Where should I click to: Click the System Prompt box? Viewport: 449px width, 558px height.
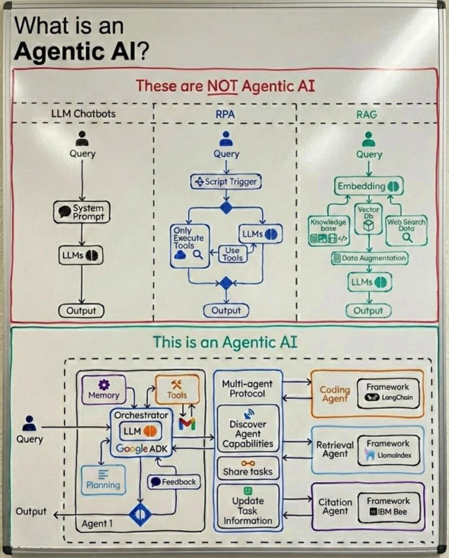(x=82, y=212)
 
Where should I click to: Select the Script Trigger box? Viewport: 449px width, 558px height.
(x=226, y=182)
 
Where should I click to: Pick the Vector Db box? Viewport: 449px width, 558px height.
(x=368, y=218)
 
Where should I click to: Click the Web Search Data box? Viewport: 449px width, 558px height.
(x=406, y=230)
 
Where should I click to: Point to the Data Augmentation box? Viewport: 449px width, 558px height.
(x=369, y=258)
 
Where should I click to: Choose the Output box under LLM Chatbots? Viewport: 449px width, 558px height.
(x=81, y=311)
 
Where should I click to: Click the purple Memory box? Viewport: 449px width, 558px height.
(x=104, y=390)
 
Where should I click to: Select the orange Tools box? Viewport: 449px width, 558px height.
(x=177, y=389)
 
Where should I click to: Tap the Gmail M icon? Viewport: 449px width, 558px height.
(x=187, y=424)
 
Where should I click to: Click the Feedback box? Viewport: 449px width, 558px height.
(x=174, y=482)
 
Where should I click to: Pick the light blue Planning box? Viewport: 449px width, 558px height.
(x=103, y=480)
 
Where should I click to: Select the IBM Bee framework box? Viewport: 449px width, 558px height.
(x=389, y=506)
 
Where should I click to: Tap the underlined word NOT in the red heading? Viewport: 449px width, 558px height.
(x=223, y=86)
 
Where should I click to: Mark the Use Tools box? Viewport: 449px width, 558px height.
(x=232, y=253)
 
